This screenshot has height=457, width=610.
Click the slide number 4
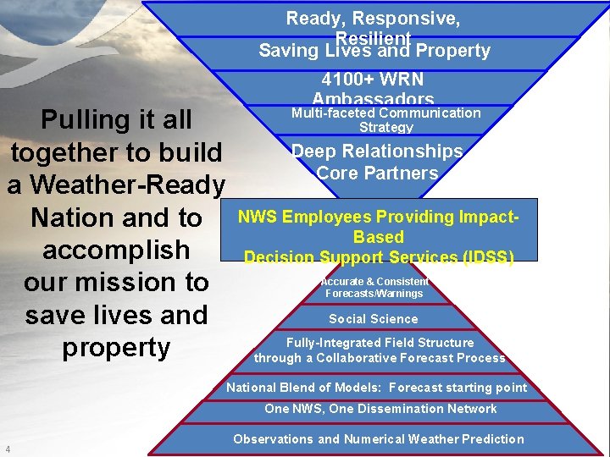click(8, 449)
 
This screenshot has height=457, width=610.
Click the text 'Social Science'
click(374, 319)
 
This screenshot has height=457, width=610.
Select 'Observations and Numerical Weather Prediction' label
click(379, 439)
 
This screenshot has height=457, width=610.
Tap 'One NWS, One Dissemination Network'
click(380, 409)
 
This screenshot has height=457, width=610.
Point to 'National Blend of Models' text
click(302, 388)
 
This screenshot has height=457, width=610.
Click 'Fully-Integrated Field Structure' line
click(380, 343)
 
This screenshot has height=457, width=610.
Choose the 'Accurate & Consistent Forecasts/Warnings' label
click(374, 288)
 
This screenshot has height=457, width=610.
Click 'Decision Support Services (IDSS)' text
click(379, 256)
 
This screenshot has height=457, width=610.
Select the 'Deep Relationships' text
click(377, 151)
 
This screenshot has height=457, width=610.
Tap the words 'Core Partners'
click(377, 173)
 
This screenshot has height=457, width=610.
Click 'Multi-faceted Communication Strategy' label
click(385, 119)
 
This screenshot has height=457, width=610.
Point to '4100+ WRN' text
click(373, 81)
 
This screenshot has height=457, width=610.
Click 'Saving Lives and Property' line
click(374, 51)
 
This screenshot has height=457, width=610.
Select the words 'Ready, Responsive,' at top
click(373, 19)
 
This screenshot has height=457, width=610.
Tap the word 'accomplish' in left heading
click(116, 251)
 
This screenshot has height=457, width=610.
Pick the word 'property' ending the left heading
click(116, 348)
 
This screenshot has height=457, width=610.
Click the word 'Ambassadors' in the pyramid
click(373, 100)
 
